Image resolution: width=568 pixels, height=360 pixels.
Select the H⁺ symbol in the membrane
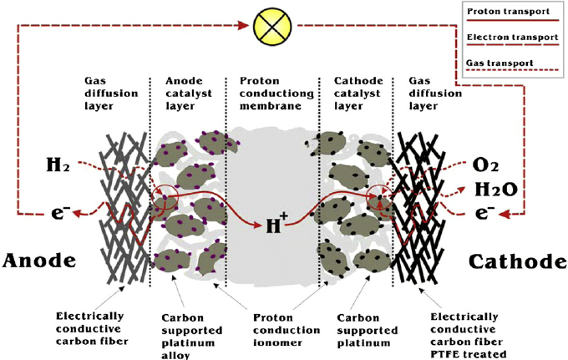(x=276, y=224)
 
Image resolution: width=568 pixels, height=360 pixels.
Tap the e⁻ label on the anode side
(x=58, y=211)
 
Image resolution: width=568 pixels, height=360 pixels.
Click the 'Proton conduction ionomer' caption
(x=273, y=330)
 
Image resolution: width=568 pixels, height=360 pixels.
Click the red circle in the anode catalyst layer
(x=165, y=199)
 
